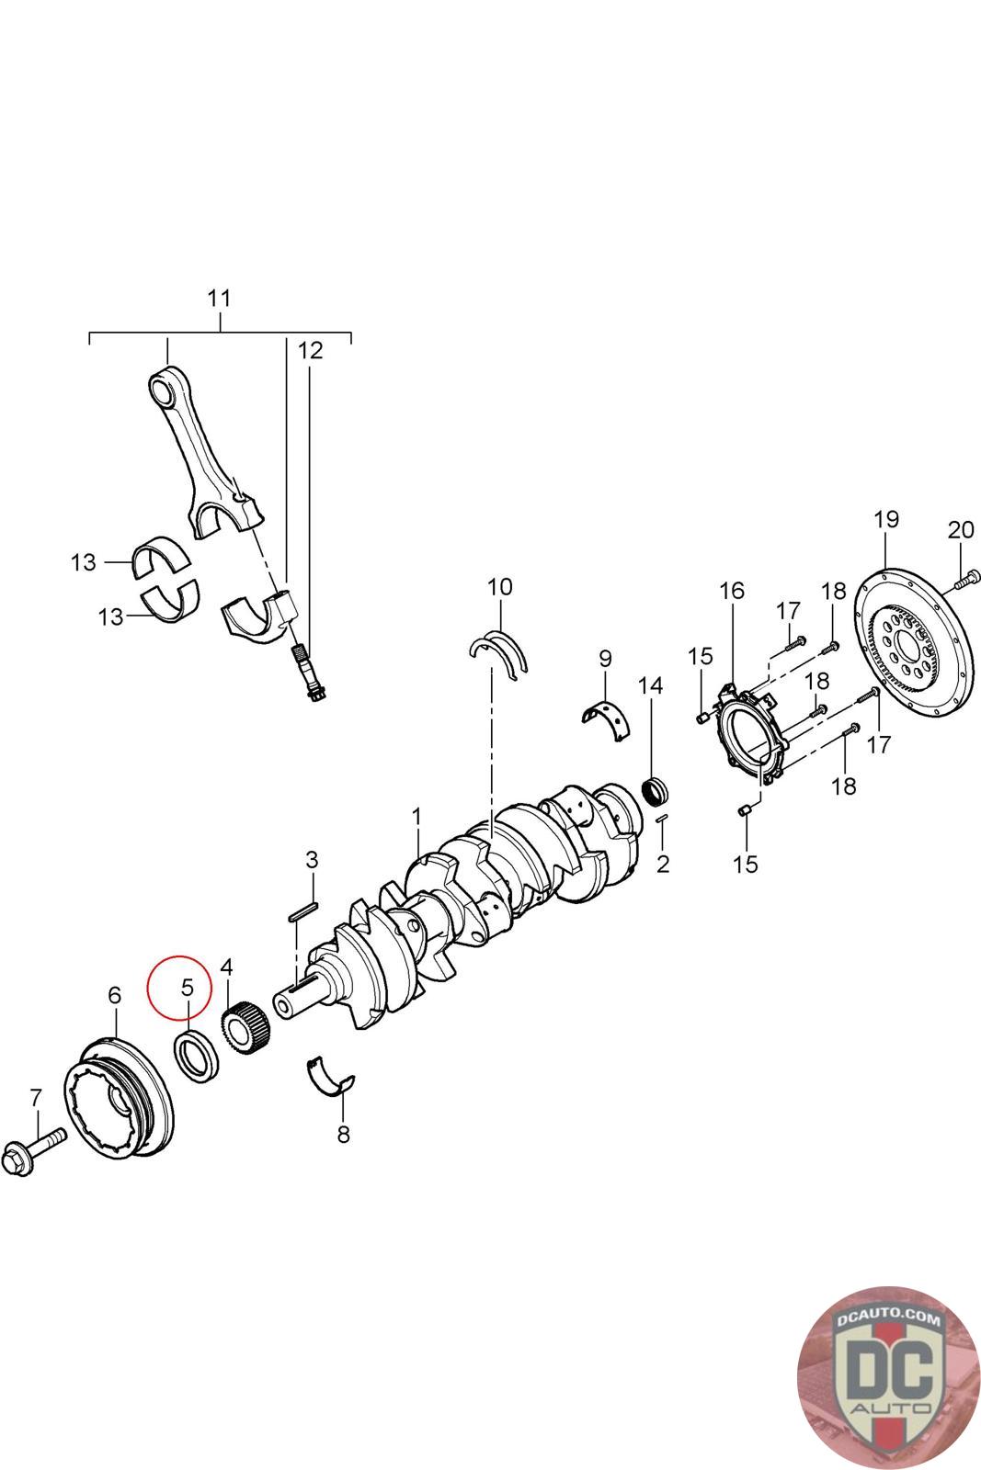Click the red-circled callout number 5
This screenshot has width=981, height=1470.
pyautogui.click(x=187, y=988)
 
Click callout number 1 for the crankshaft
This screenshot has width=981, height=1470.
pyautogui.click(x=416, y=816)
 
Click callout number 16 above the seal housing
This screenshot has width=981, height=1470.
pyautogui.click(x=732, y=591)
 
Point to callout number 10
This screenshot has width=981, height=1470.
pyautogui.click(x=499, y=586)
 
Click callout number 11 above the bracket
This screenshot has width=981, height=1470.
pyautogui.click(x=219, y=299)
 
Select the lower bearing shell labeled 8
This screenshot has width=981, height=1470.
pyautogui.click(x=330, y=1076)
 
